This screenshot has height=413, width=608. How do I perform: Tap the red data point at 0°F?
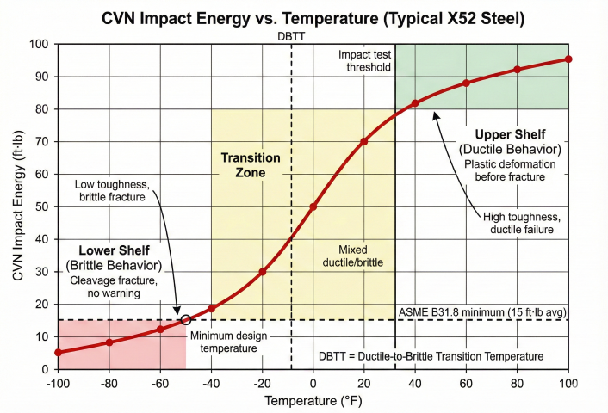click(x=313, y=206)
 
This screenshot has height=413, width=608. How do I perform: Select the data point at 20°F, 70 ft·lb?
click(x=364, y=141)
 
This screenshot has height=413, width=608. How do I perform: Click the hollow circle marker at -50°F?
click(x=186, y=320)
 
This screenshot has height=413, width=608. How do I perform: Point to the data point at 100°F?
click(x=568, y=59)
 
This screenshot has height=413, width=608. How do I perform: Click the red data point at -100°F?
click(x=58, y=352)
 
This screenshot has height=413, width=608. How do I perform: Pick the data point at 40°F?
click(x=415, y=103)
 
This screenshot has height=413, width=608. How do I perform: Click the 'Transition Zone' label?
click(x=251, y=165)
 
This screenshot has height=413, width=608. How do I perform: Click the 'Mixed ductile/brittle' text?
click(x=353, y=256)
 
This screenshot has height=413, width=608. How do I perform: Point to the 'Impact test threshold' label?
click(x=364, y=60)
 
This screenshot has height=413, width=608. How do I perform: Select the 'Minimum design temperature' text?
click(x=223, y=342)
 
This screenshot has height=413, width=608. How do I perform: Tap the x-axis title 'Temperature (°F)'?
click(x=313, y=401)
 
